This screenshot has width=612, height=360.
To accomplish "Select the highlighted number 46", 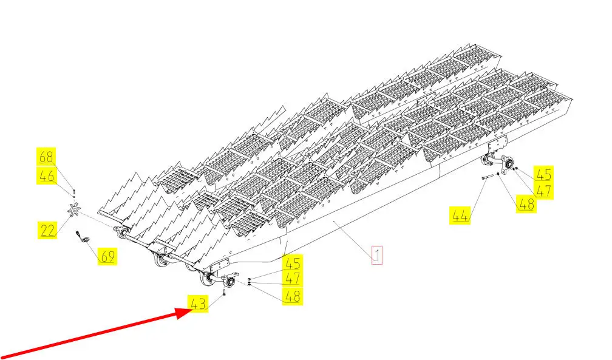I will [47, 177].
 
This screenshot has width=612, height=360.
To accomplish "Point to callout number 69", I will [108, 256].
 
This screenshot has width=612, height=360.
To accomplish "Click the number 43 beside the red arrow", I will [198, 304].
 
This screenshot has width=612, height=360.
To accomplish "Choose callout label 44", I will [460, 216].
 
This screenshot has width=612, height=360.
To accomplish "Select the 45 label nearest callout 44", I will [543, 174].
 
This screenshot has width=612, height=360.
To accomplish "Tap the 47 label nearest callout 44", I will [543, 191].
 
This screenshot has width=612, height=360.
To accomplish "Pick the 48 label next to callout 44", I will [526, 204].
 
